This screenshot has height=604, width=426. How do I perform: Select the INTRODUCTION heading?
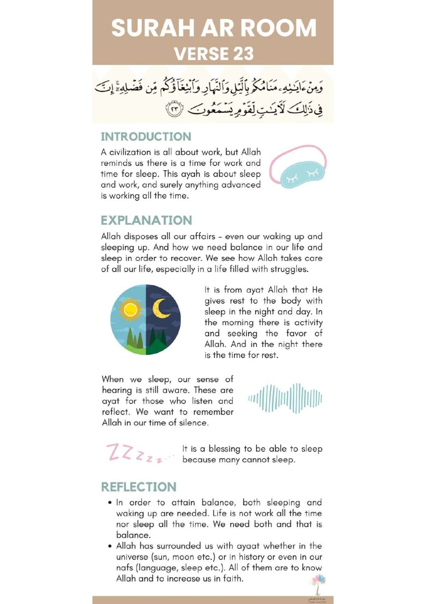point(146,137)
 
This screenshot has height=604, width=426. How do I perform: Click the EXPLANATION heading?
point(146,220)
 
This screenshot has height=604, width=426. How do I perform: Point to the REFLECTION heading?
point(139,487)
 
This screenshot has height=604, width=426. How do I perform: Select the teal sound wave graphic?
point(285,398)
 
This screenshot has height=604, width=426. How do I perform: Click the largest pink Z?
point(114,452)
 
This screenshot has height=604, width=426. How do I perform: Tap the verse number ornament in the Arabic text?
point(175,109)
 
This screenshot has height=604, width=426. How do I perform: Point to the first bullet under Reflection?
point(110,503)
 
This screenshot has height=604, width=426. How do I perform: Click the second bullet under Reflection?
point(110,546)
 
